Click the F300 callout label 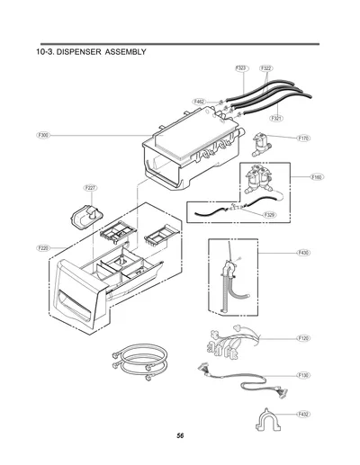point(43,135)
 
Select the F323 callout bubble point(242,68)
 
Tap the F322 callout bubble point(266,68)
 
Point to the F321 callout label point(276,119)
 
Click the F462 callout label point(199,102)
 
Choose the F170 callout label point(303,139)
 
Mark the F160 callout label point(317,177)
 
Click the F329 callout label point(270,215)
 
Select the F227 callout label point(90,188)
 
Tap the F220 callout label point(43,248)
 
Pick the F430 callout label point(303,253)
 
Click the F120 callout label point(303,338)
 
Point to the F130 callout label point(303,375)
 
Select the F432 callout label point(303,415)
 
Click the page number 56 point(180,435)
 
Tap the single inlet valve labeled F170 point(261,145)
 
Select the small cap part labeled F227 point(86,216)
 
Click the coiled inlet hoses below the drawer point(139,362)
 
